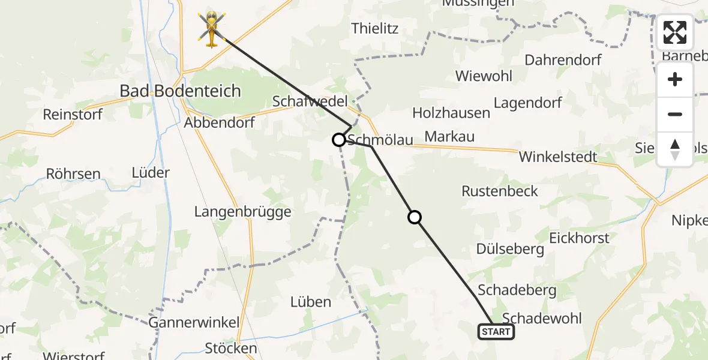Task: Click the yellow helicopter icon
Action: point(212,28)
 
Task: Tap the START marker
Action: point(496,332)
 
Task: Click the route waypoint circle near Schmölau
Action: point(339,140)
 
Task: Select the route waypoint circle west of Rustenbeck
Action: point(415,217)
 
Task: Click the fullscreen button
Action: point(675,32)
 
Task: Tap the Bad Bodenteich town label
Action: point(180,91)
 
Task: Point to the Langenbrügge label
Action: point(243,211)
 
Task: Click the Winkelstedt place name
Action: point(558,157)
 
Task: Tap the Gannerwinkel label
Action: point(194,322)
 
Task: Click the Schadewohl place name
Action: point(542,318)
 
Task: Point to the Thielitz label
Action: point(375,28)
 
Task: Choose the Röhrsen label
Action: point(74,175)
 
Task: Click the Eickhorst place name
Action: point(579,238)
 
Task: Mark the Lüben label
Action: point(311,302)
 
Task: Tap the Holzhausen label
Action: point(451,112)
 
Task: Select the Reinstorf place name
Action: point(73,114)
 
